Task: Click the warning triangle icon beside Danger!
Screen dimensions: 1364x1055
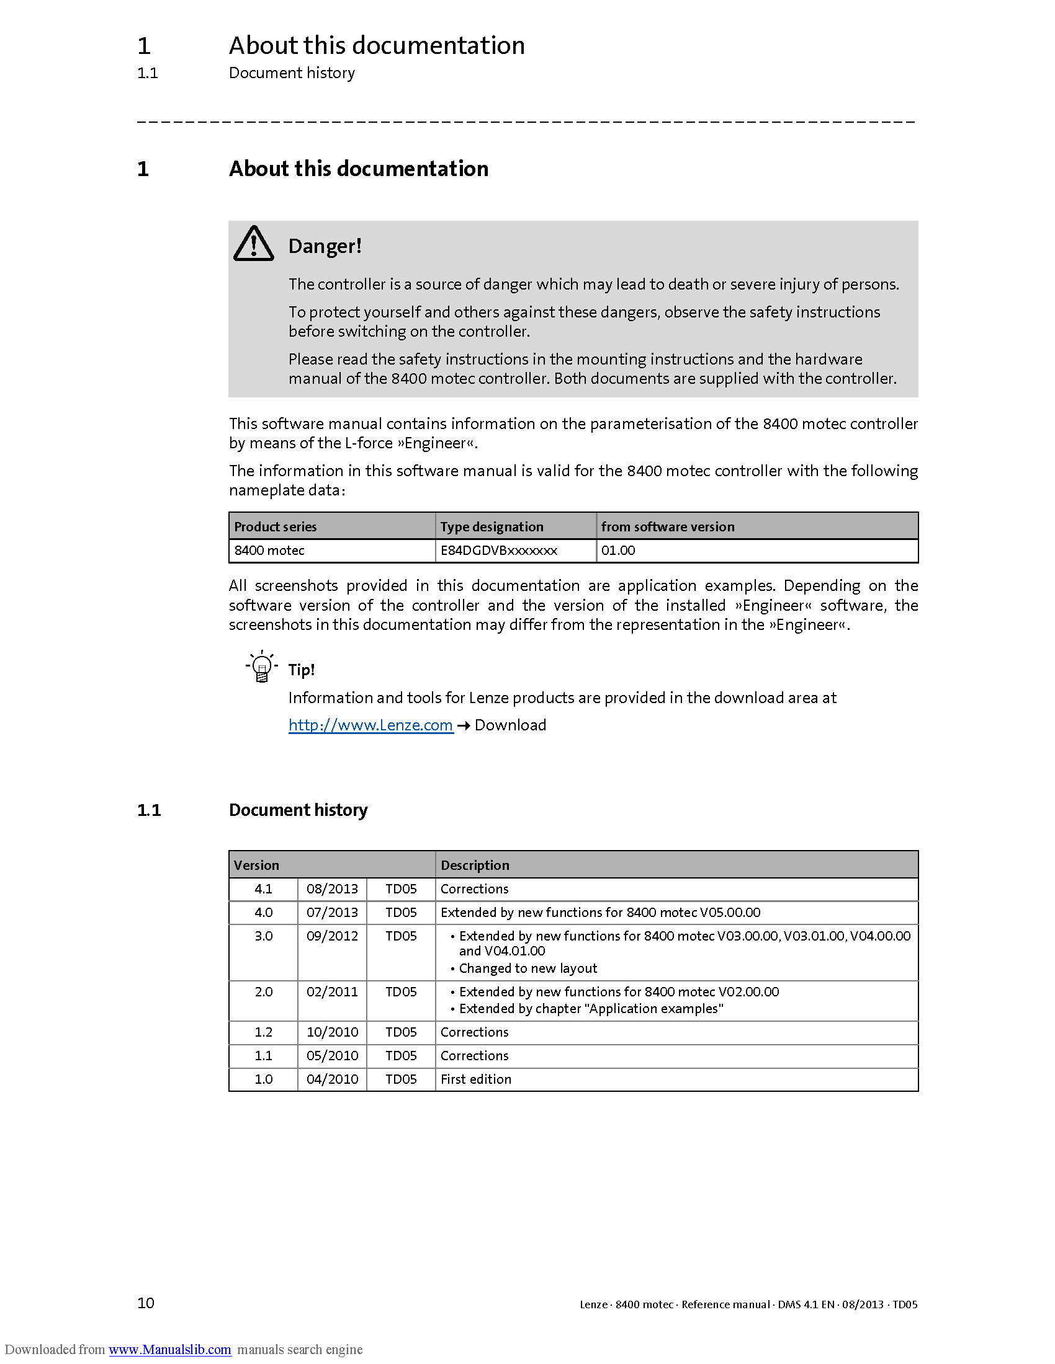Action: [x=253, y=244]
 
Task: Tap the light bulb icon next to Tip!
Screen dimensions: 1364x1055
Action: [x=262, y=666]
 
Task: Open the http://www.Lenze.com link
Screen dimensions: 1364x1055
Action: [x=370, y=725]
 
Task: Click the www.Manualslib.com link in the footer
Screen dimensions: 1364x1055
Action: [x=170, y=1349]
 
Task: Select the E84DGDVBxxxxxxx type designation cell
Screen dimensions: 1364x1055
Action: [x=499, y=550]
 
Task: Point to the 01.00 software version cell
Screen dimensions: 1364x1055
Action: [x=618, y=550]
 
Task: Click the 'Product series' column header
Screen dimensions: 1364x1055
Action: [x=275, y=526]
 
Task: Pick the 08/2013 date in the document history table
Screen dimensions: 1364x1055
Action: [x=332, y=888]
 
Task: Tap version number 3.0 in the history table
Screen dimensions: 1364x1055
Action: [x=263, y=936]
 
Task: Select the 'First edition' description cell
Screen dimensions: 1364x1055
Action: [x=475, y=1079]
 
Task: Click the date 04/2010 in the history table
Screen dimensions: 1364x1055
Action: [x=332, y=1079]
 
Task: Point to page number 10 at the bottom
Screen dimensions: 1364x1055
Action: [x=146, y=1303]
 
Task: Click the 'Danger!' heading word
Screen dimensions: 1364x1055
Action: [x=325, y=246]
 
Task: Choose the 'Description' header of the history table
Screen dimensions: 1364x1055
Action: [x=475, y=865]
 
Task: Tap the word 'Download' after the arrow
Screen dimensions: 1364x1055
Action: [x=510, y=725]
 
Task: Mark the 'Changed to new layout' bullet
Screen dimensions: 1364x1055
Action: [x=528, y=968]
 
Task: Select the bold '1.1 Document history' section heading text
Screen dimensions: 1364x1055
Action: [x=298, y=810]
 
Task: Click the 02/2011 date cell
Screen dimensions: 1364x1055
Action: [x=332, y=992]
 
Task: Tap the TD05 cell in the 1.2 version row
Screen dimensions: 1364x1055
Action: [x=401, y=1032]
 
